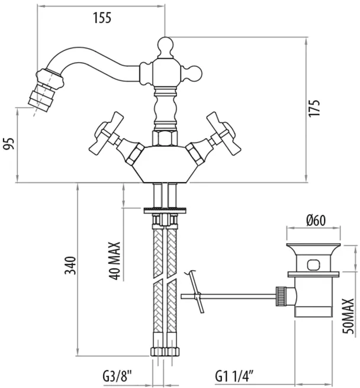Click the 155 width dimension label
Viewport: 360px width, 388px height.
click(x=102, y=18)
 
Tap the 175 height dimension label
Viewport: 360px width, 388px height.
click(x=314, y=108)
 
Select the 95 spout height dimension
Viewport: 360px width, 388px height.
click(x=9, y=144)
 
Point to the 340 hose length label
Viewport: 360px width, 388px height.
click(x=70, y=266)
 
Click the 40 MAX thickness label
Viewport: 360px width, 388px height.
click(x=114, y=261)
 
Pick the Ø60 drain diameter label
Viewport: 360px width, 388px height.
click(x=316, y=220)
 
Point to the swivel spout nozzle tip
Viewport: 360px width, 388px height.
click(x=38, y=99)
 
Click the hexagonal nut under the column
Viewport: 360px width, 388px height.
click(x=165, y=138)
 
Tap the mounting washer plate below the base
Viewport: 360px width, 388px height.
click(x=165, y=211)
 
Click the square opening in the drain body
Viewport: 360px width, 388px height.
click(x=313, y=264)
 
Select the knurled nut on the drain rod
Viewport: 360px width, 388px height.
click(x=281, y=296)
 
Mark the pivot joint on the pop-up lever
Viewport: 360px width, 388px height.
click(x=198, y=296)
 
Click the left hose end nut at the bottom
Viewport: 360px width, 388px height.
click(x=157, y=351)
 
